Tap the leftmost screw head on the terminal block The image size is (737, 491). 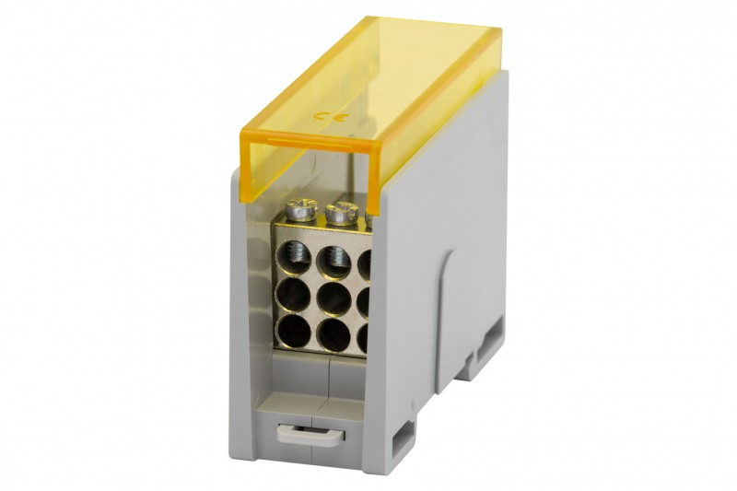[301, 209]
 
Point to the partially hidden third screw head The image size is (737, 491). [369, 217]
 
